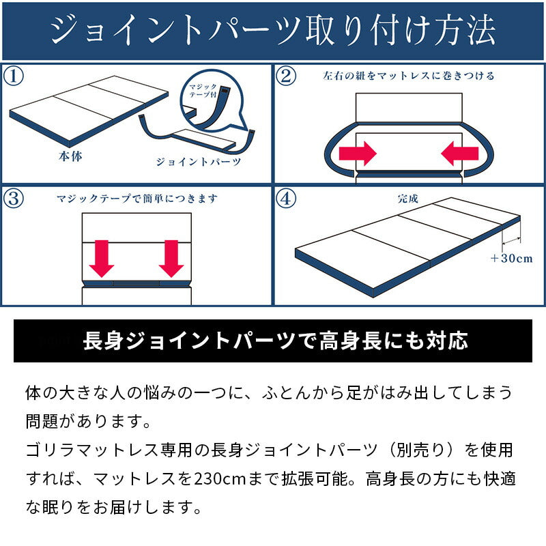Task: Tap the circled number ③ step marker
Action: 14,199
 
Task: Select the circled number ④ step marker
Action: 287,199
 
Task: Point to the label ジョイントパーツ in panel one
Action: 199,162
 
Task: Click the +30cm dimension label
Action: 511,259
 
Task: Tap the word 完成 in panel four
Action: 407,199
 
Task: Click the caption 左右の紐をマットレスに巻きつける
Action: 408,75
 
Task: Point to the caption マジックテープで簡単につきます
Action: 136,199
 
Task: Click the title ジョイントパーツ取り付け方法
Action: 273,31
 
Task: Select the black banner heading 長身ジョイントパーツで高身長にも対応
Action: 273,341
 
